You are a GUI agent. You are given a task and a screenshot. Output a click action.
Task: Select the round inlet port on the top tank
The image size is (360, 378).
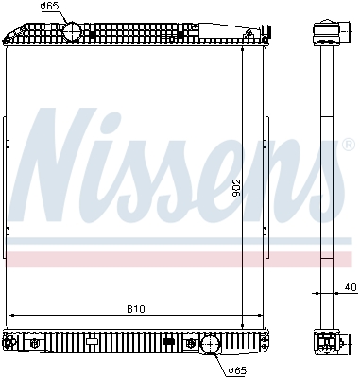tap(73, 32)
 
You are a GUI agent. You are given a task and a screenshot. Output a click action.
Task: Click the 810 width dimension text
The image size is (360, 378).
tap(136, 308)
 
